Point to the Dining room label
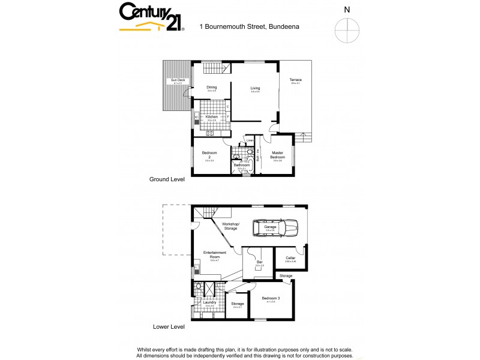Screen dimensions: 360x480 [x=212, y=87]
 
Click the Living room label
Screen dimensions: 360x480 [x=255, y=88]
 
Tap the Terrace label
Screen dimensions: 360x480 [x=296, y=80]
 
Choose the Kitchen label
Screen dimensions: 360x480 [x=211, y=116]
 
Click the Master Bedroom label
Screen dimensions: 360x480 [x=278, y=154]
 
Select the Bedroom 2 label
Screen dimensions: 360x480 [x=209, y=155]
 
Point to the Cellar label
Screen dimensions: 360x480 [x=290, y=257]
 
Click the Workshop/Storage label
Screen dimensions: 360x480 [x=230, y=226]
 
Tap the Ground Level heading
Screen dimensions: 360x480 [x=167, y=179]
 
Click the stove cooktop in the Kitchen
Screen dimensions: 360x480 [x=210, y=133]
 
